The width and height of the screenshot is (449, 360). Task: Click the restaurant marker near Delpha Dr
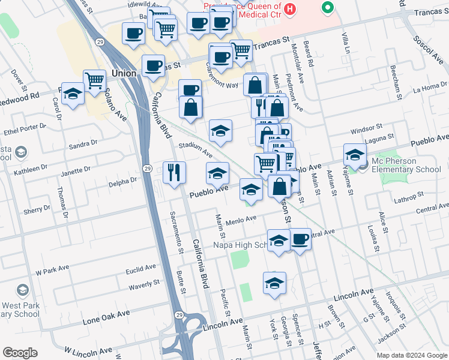pyautogui.click(x=175, y=173)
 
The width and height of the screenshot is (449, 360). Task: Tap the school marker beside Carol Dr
pyautogui.click(x=73, y=94)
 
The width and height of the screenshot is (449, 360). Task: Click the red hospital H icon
pyautogui.click(x=291, y=9)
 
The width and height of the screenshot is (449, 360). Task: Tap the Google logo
pyautogui.click(x=19, y=353)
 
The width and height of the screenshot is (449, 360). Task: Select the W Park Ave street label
pyautogui.click(x=52, y=269)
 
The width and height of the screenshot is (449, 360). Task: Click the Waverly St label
pyautogui.click(x=143, y=283)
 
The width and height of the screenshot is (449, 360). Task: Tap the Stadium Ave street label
pyautogui.click(x=195, y=148)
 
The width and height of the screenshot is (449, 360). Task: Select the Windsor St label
pyautogui.click(x=366, y=128)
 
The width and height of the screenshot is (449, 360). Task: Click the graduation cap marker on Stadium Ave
pyautogui.click(x=220, y=130)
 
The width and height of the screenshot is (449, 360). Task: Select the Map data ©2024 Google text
pyautogui.click(x=412, y=355)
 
